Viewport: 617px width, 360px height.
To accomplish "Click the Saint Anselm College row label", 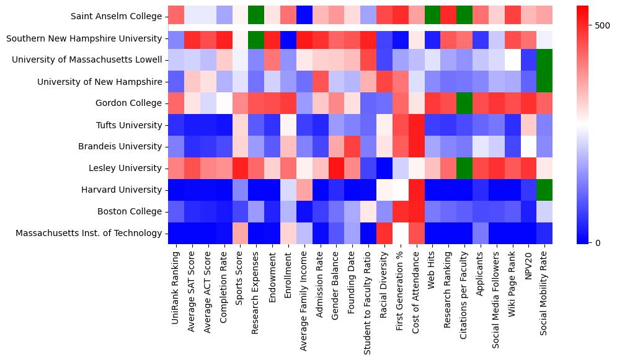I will [116, 16].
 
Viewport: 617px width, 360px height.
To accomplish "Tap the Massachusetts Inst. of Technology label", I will [89, 233].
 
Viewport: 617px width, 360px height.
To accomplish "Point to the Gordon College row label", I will [127, 103].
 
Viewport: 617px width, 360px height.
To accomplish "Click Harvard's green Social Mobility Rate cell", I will [544, 190].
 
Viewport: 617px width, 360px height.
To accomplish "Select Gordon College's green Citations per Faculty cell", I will [463, 103].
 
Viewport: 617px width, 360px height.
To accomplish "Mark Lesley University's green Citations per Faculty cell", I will [463, 168].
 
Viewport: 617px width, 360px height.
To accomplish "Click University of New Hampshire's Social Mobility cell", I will [544, 81].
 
